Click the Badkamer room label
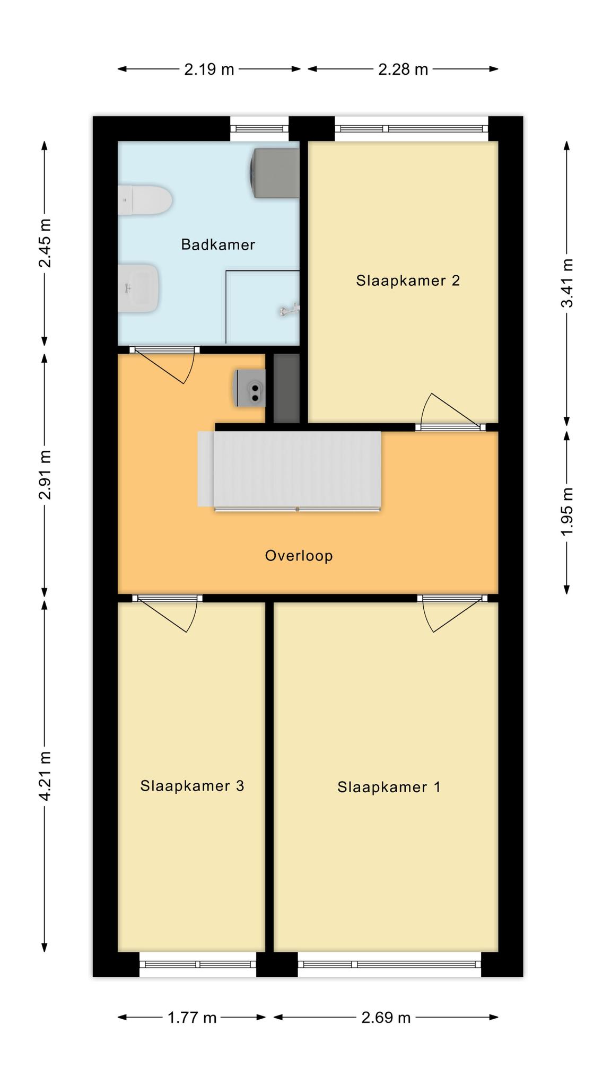(x=218, y=244)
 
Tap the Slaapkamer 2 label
(x=408, y=281)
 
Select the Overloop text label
(x=299, y=556)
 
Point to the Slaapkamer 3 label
(x=192, y=785)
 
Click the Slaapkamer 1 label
(x=389, y=787)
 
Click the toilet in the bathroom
(x=145, y=200)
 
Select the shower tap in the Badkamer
(x=290, y=310)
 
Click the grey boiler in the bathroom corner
(x=275, y=173)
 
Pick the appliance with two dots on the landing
(x=249, y=388)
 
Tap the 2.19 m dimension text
(x=209, y=69)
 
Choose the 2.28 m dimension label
(x=403, y=69)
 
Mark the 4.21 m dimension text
(x=45, y=776)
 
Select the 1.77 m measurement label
(x=192, y=1018)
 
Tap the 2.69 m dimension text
(x=386, y=1018)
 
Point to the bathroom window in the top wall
(x=259, y=128)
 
